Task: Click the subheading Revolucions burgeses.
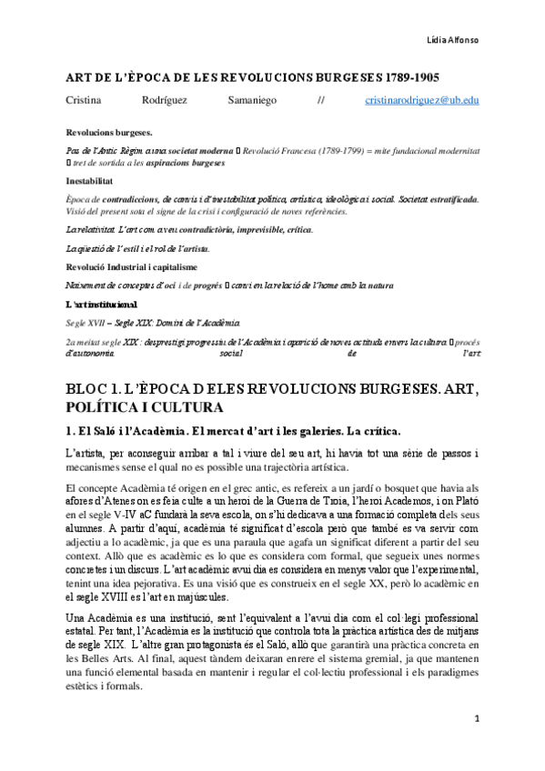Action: click(x=103, y=132)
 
